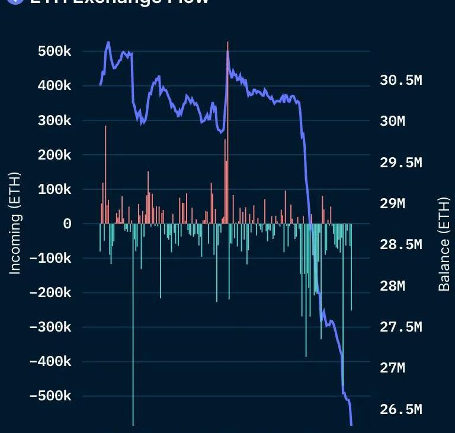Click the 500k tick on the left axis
click(55, 52)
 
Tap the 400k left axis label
click(55, 86)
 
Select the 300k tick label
click(55, 120)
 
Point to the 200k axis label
click(55, 155)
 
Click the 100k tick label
click(55, 189)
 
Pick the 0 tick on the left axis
click(68, 224)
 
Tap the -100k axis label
click(50, 258)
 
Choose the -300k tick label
click(50, 327)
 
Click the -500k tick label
click(50, 396)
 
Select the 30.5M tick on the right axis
click(400, 80)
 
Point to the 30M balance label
click(392, 121)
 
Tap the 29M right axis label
click(392, 203)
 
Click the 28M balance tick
click(392, 286)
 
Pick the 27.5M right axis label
click(400, 327)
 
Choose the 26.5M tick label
click(400, 409)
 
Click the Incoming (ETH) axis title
click(15, 224)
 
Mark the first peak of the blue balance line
click(108, 43)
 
